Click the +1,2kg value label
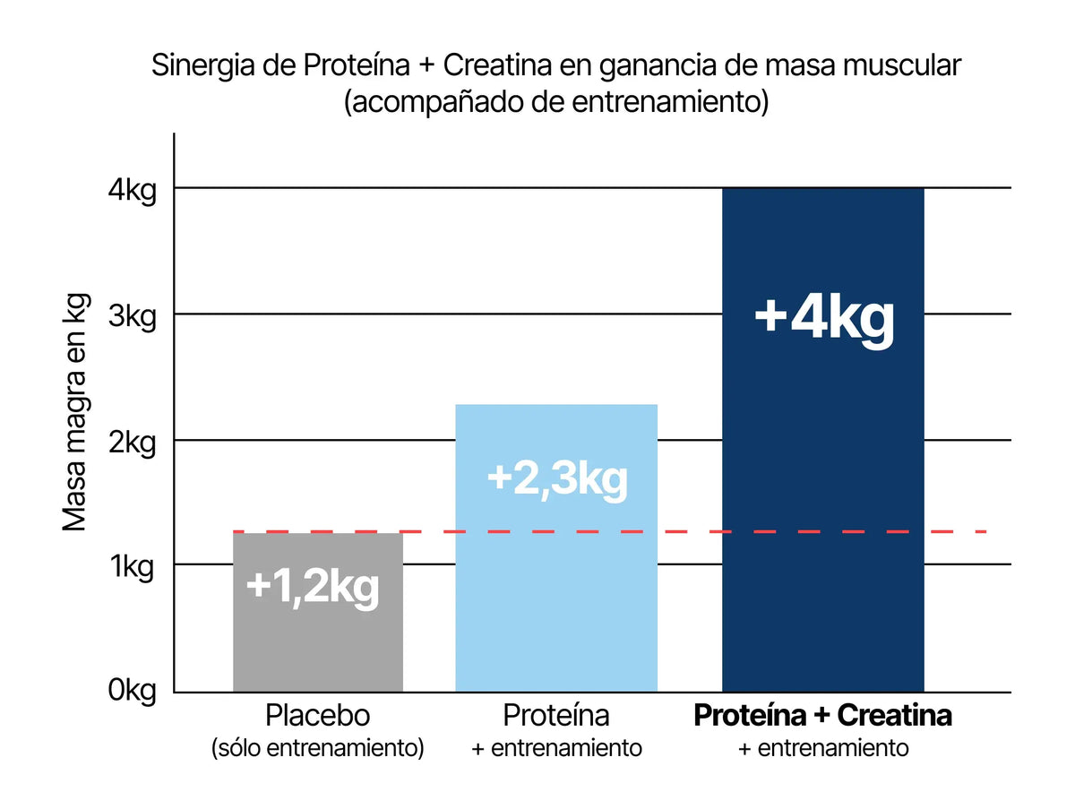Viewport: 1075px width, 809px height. (x=313, y=587)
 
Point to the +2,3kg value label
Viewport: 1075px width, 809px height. (x=557, y=478)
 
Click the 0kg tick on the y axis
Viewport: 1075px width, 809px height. (x=133, y=691)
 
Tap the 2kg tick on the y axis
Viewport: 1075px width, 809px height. (x=133, y=441)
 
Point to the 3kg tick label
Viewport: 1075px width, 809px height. (x=133, y=314)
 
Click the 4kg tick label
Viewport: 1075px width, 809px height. (x=133, y=189)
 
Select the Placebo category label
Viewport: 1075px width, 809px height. (x=317, y=717)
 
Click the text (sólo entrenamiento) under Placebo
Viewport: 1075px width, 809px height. (x=317, y=748)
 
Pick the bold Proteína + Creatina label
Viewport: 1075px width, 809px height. (x=822, y=717)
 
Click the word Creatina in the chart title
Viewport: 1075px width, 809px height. (x=497, y=66)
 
